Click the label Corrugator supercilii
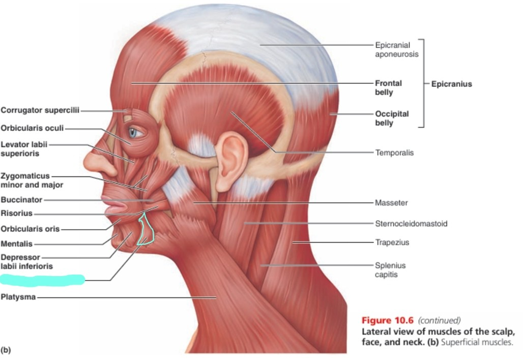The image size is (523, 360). coord(40,110)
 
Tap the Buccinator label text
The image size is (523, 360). coord(21,200)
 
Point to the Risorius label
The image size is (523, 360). coord(17,214)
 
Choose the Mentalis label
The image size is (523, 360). coord(17,244)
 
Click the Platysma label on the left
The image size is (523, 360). coord(18,297)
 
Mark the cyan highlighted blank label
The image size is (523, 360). coord(42,279)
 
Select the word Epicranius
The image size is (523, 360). coord(451,84)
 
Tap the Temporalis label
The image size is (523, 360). coord(394,152)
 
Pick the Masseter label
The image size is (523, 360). coord(391,203)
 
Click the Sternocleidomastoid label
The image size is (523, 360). coord(411,223)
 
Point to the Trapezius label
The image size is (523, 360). coord(392,243)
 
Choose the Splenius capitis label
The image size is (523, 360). coord(390,269)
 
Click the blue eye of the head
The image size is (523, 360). coord(133,133)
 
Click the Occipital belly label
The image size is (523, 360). coord(392,118)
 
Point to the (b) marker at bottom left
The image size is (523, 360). coord(6,349)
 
